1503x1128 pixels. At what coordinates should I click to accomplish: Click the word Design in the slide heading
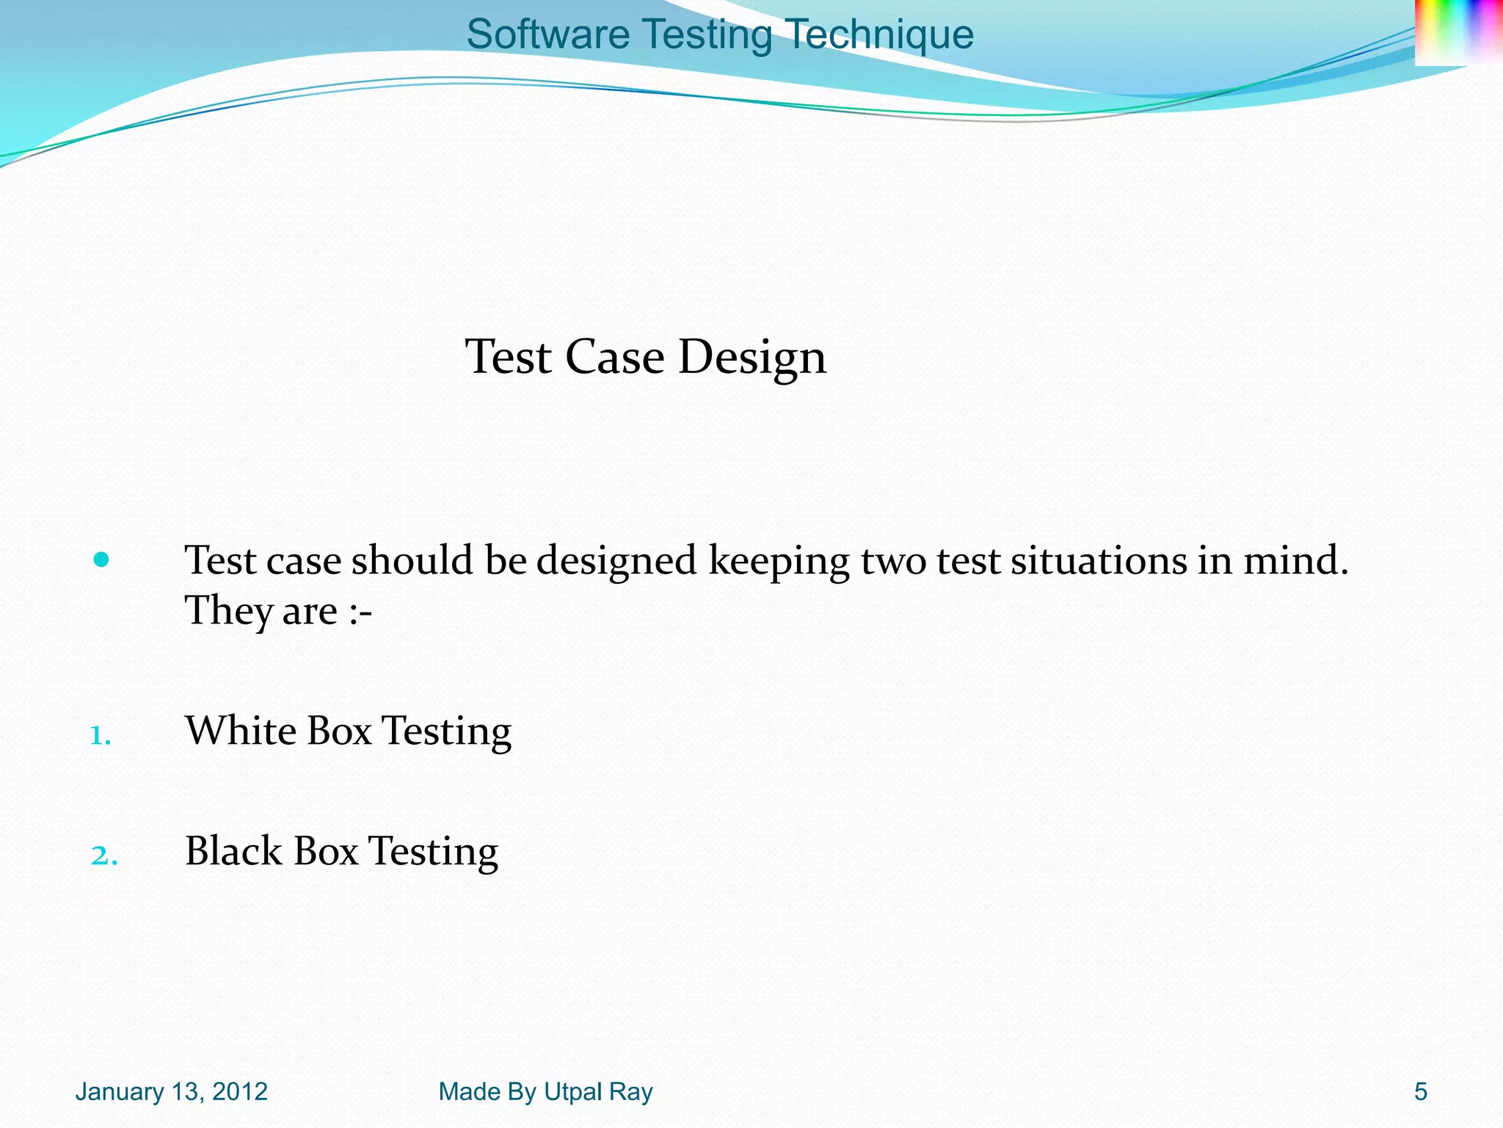click(751, 358)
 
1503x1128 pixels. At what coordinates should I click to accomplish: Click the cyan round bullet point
click(101, 560)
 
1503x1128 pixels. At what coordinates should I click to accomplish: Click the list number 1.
click(100, 735)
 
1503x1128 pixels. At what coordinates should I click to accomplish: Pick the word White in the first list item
click(241, 731)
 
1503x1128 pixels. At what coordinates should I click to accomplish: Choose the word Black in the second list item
click(233, 851)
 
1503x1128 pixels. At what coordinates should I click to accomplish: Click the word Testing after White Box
click(447, 732)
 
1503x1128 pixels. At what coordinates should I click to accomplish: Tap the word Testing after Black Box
click(433, 853)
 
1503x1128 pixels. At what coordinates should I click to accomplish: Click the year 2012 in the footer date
click(240, 1092)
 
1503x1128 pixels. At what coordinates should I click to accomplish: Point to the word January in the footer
click(120, 1092)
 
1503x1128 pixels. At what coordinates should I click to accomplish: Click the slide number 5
click(1421, 1092)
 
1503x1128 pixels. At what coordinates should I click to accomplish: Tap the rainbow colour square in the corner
click(1457, 32)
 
